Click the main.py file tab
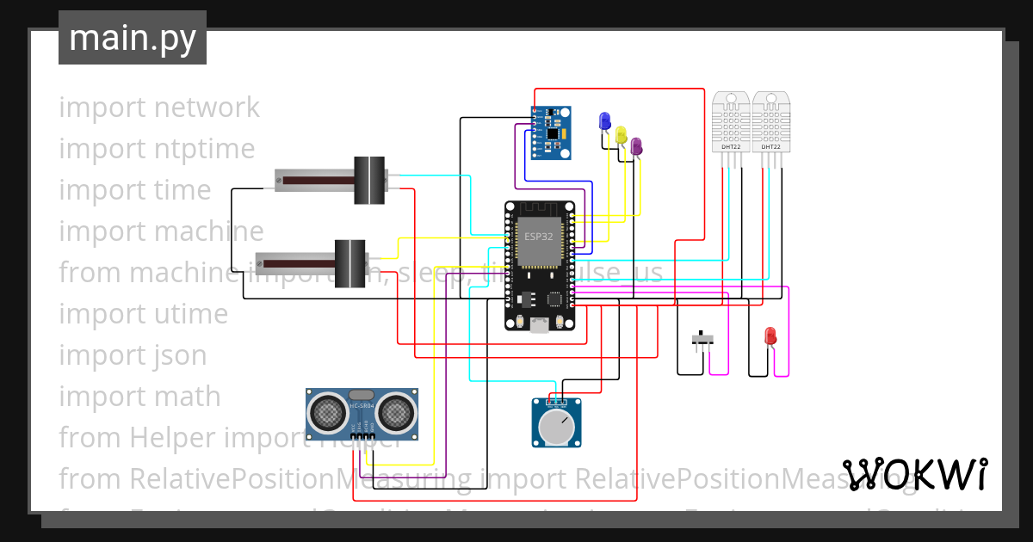pyautogui.click(x=133, y=38)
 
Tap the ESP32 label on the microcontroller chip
pyautogui.click(x=539, y=235)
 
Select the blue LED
pyautogui.click(x=604, y=120)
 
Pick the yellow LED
pyautogui.click(x=621, y=134)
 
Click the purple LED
pyautogui.click(x=636, y=146)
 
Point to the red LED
pyautogui.click(x=770, y=336)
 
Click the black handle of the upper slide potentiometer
pyautogui.click(x=369, y=181)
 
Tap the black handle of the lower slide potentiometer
pyautogui.click(x=349, y=262)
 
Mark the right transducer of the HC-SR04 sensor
pyautogui.click(x=395, y=412)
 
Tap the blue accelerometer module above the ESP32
pyautogui.click(x=551, y=133)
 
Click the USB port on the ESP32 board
pyautogui.click(x=540, y=324)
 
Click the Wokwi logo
pyautogui.click(x=914, y=474)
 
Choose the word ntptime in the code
pyautogui.click(x=205, y=149)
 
